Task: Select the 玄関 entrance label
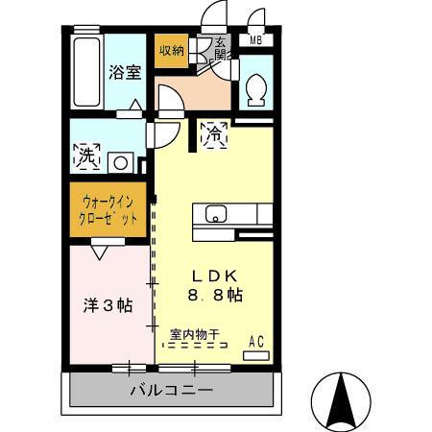click(x=220, y=48)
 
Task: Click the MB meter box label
click(x=255, y=40)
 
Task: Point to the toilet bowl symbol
click(x=255, y=89)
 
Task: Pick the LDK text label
click(x=219, y=273)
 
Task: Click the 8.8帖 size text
click(x=214, y=296)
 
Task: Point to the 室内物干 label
click(x=195, y=335)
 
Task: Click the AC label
click(x=256, y=341)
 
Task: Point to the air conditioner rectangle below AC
click(x=256, y=355)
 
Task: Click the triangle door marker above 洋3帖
click(x=100, y=252)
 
